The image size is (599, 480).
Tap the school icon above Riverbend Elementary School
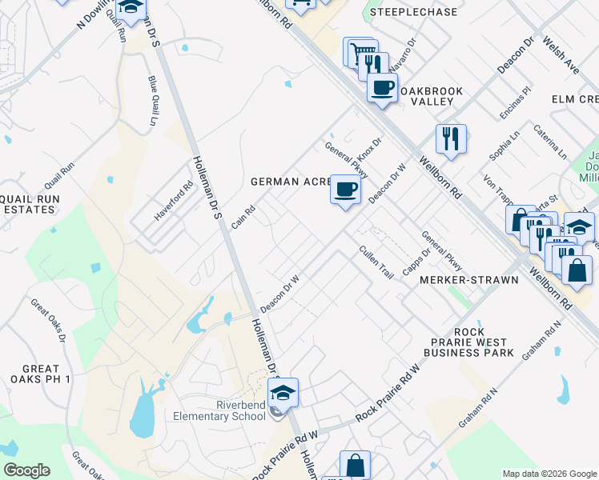pos(283,392)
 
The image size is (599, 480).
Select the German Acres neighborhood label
pos(291,182)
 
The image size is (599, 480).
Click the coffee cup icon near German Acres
pos(345,190)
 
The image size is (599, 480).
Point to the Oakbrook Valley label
pos(431,97)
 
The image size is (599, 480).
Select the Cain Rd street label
pos(243,217)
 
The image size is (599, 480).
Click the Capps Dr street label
pos(416,261)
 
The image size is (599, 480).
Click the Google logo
pos(26,470)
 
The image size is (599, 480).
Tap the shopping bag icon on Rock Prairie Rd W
pos(355,465)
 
